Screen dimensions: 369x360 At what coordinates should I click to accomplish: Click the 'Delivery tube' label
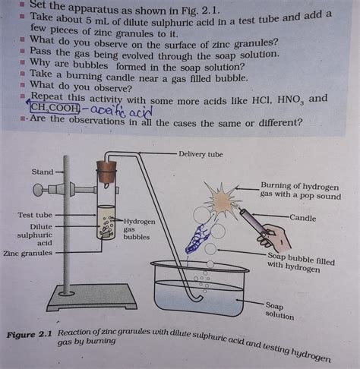tap(201, 154)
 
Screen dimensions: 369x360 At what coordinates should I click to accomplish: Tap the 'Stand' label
tap(43, 172)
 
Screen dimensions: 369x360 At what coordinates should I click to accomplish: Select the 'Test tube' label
tap(35, 215)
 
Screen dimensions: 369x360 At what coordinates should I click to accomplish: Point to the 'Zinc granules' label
tap(28, 253)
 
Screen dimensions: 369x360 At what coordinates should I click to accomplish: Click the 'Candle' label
tap(302, 218)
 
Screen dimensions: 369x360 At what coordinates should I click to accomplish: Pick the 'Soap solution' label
tap(279, 310)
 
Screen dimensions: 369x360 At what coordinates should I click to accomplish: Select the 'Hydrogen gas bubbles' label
tap(139, 229)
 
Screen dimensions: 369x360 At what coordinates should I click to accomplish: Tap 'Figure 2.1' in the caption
tap(30, 335)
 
